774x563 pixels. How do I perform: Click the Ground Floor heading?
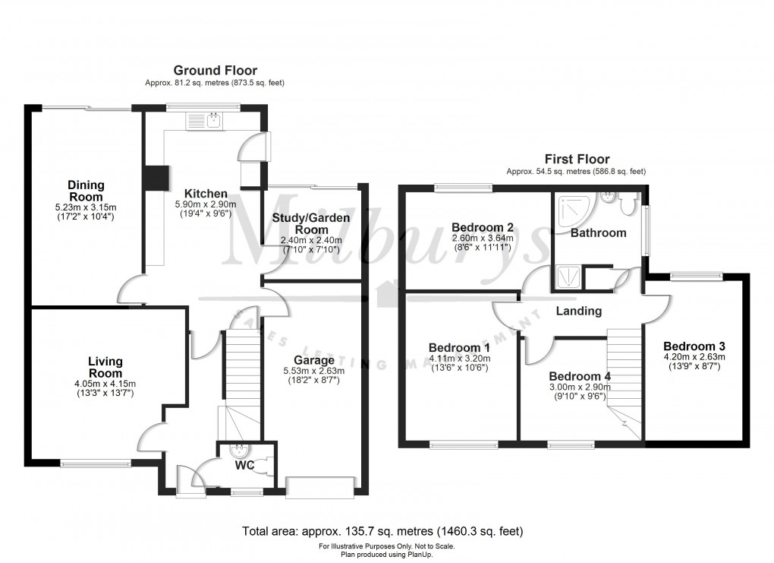pyautogui.click(x=216, y=71)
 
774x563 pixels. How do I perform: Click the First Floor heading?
pyautogui.click(x=576, y=160)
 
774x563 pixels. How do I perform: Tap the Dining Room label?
pyautogui.click(x=86, y=191)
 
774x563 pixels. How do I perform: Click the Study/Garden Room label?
pyautogui.click(x=311, y=223)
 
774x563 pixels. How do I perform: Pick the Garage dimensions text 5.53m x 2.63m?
pyautogui.click(x=314, y=371)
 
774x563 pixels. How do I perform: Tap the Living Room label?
pyautogui.click(x=105, y=367)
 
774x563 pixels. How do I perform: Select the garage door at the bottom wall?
pyautogui.click(x=320, y=487)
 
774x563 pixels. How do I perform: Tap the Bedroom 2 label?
pyautogui.click(x=483, y=227)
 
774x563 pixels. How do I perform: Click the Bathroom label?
pyautogui.click(x=599, y=232)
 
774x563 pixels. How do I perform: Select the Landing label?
pyautogui.click(x=579, y=311)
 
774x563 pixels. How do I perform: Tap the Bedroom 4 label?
pyautogui.click(x=580, y=376)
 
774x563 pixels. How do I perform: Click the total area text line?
pyautogui.click(x=382, y=531)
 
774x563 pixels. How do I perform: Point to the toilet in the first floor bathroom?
pyautogui.click(x=627, y=204)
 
